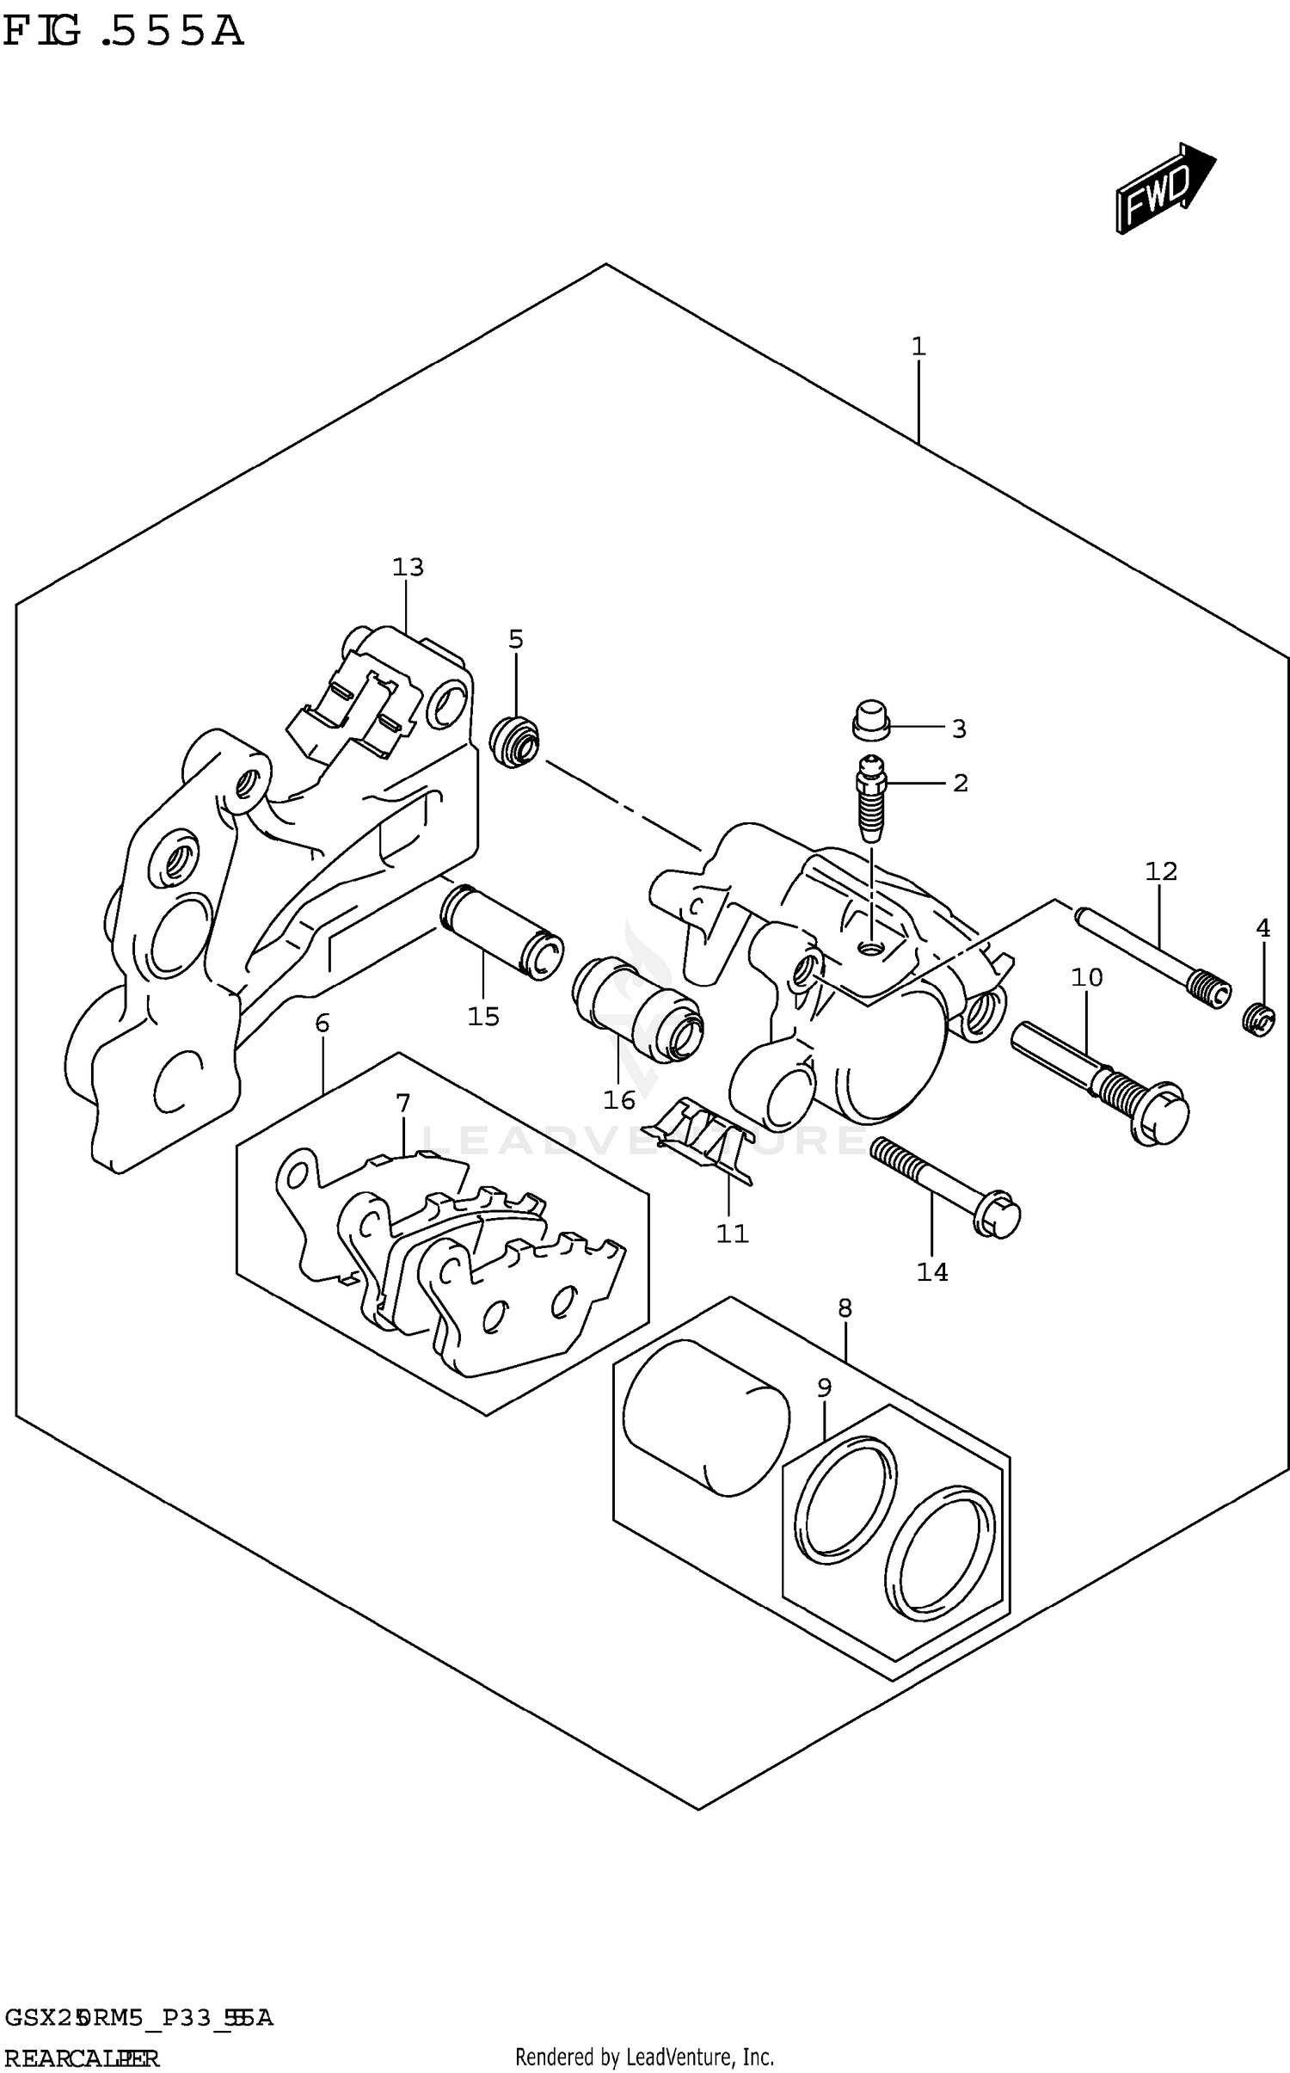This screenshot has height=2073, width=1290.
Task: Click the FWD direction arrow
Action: click(1164, 188)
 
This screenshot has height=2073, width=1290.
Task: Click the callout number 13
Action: click(408, 568)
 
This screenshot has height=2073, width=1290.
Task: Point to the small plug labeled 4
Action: click(1260, 1020)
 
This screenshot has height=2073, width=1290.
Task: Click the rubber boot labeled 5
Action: click(514, 740)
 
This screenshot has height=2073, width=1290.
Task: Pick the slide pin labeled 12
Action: click(1152, 957)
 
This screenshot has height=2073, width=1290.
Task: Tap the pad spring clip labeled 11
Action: click(700, 1136)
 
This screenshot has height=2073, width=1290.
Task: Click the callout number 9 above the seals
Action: click(824, 1387)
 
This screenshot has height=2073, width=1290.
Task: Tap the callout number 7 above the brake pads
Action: click(402, 1103)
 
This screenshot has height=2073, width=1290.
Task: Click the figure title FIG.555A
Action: click(123, 33)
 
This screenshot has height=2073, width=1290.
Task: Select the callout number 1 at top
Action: click(918, 347)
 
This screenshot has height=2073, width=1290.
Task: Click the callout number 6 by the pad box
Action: click(322, 1023)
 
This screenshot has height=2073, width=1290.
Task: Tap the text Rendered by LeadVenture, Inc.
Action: click(644, 2058)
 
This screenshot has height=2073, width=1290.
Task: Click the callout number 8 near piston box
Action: click(845, 1308)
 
